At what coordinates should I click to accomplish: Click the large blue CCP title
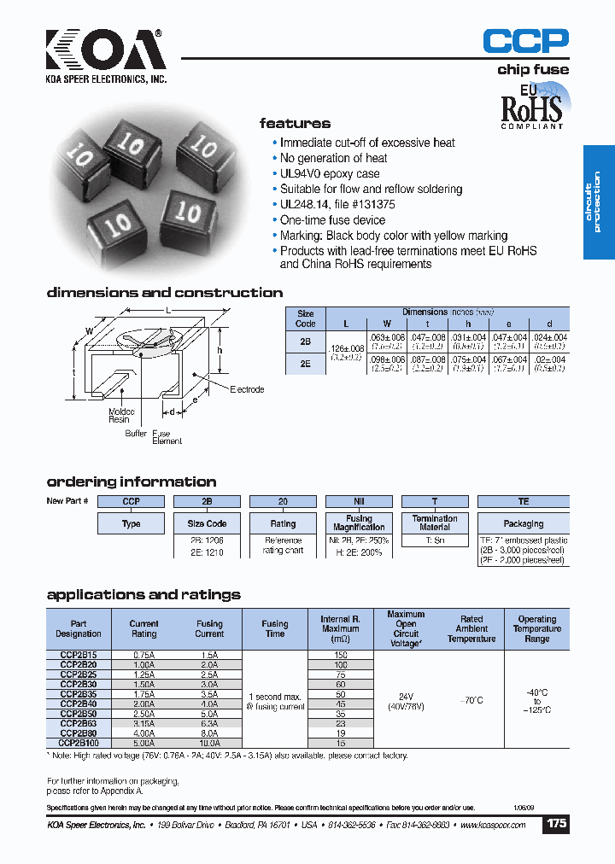pos(525,41)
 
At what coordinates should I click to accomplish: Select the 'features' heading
pos(295,124)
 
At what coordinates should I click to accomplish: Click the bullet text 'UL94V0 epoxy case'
pos(330,173)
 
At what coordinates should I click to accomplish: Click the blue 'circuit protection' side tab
pos(598,202)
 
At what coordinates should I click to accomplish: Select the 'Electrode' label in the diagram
pos(247,389)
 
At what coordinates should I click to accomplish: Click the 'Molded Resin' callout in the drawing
pos(119,415)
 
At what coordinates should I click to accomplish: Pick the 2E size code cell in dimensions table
pos(305,363)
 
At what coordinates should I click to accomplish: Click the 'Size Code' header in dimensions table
pos(305,318)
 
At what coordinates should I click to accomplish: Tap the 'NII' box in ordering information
pos(359,501)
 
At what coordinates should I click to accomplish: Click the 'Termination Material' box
pos(435,522)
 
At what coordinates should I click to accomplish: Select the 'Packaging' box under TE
pos(523,523)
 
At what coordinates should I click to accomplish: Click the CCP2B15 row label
pos(79,655)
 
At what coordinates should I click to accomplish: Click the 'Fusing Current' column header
pos(209,628)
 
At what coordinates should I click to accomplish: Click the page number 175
pos(556,824)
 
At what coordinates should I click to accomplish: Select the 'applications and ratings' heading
pos(143,594)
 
